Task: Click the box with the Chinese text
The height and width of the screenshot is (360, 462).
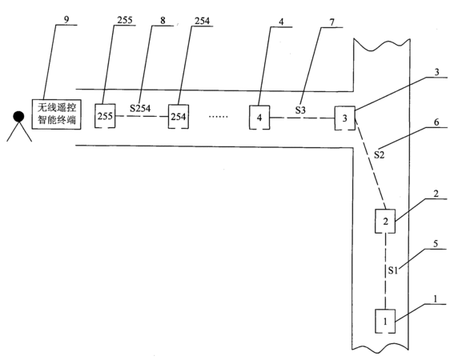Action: pyautogui.click(x=56, y=114)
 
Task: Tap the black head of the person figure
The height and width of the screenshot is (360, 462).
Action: pyautogui.click(x=18, y=116)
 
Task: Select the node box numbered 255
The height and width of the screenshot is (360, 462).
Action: pyautogui.click(x=105, y=116)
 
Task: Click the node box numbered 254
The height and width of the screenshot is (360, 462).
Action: pyautogui.click(x=179, y=117)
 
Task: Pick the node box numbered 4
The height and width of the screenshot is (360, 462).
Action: pyautogui.click(x=259, y=118)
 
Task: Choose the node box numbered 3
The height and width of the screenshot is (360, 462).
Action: pyautogui.click(x=345, y=118)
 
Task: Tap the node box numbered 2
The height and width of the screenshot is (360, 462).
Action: pyautogui.click(x=385, y=222)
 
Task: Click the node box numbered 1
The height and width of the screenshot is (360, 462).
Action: pyautogui.click(x=385, y=321)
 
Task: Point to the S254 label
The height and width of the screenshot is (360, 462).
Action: pyautogui.click(x=140, y=108)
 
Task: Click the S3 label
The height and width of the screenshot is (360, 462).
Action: pyautogui.click(x=300, y=110)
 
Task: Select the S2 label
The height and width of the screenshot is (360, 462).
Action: pyautogui.click(x=380, y=154)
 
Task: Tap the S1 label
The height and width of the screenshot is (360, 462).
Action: pyautogui.click(x=393, y=270)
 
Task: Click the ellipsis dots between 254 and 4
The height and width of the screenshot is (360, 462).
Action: pyautogui.click(x=219, y=117)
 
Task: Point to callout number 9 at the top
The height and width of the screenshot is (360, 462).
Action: pyautogui.click(x=66, y=19)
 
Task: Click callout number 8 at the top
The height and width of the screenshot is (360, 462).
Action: pyautogui.click(x=163, y=20)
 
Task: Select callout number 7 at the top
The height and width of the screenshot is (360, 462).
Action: pyautogui.click(x=332, y=22)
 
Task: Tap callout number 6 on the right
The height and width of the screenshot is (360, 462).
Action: pyautogui.click(x=436, y=122)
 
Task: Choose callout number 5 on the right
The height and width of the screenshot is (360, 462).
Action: pyautogui.click(x=436, y=243)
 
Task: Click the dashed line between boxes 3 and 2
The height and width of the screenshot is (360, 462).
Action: pyautogui.click(x=371, y=164)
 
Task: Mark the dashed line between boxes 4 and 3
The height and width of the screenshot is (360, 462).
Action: pyautogui.click(x=302, y=118)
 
